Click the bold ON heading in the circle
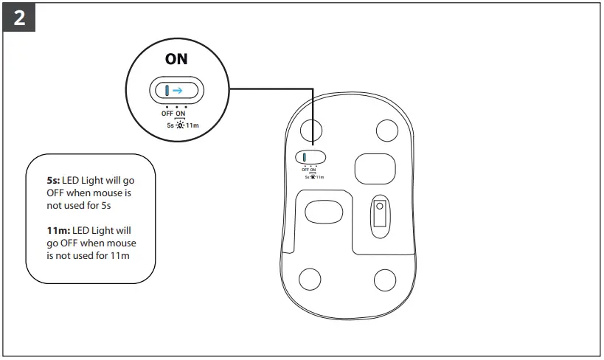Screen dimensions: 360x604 click(x=176, y=60)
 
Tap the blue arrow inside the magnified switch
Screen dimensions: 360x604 click(x=178, y=91)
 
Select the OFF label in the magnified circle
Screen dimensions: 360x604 click(x=167, y=114)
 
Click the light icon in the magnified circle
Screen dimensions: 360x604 click(x=180, y=124)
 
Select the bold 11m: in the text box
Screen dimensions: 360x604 click(x=60, y=231)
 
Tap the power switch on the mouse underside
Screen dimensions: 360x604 click(x=310, y=157)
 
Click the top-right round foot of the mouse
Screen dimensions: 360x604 click(x=386, y=131)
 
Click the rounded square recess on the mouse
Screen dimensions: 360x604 click(x=375, y=168)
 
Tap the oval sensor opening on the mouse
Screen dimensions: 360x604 click(x=323, y=212)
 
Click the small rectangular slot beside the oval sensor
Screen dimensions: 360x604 click(x=380, y=214)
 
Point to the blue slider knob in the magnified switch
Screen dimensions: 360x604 click(x=167, y=91)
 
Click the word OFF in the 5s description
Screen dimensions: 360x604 click(x=57, y=193)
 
